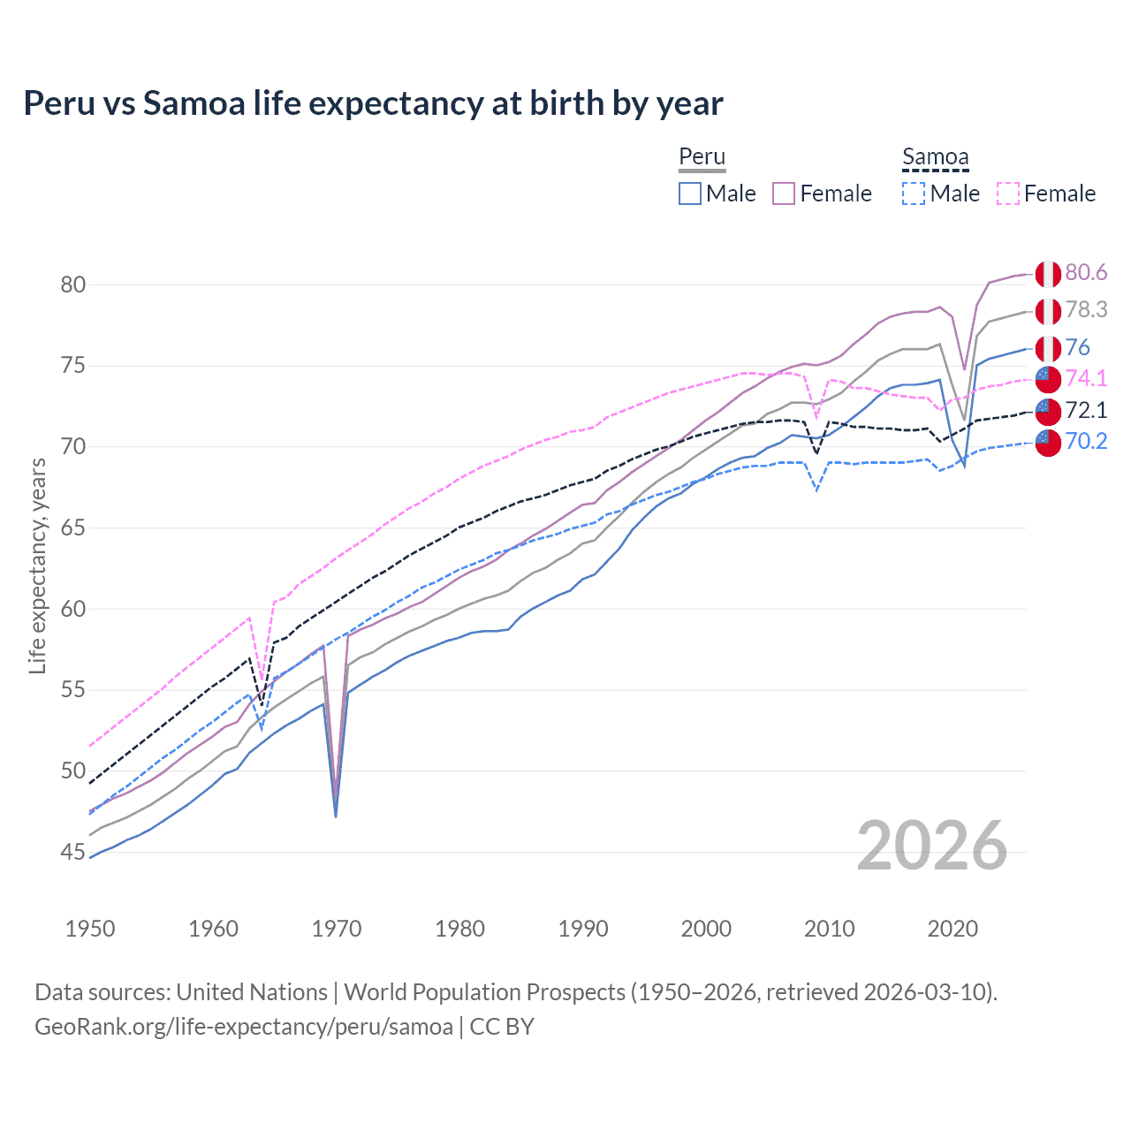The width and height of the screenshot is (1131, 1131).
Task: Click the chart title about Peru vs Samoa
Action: (373, 103)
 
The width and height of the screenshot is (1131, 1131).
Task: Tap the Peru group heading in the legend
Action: (702, 157)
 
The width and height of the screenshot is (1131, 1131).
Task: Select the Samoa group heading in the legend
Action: (935, 157)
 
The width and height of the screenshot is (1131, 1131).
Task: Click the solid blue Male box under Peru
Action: (690, 194)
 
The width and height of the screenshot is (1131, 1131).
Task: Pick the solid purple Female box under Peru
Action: (784, 194)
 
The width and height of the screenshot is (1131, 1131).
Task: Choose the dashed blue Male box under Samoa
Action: (914, 194)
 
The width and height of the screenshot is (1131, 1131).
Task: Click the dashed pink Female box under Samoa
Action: (1008, 194)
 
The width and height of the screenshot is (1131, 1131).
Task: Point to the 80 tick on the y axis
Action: (73, 285)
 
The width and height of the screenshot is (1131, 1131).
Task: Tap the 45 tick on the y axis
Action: (73, 853)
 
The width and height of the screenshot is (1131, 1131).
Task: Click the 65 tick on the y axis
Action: (73, 528)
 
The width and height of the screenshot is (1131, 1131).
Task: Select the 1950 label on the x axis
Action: (90, 929)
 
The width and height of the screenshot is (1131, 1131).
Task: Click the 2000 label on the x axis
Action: (706, 929)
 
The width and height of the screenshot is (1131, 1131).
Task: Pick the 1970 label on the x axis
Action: (337, 929)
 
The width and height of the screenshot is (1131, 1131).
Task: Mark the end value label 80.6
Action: (1086, 273)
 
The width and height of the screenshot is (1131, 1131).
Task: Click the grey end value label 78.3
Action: (1086, 310)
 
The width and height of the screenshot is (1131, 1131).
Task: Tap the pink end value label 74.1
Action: (1086, 378)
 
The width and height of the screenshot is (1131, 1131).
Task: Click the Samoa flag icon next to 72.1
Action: (1048, 411)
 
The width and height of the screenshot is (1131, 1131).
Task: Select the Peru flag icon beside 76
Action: (1048, 348)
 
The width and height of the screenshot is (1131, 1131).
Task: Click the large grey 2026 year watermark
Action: (932, 846)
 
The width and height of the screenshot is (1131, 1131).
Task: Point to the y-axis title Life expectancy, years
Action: (38, 566)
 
